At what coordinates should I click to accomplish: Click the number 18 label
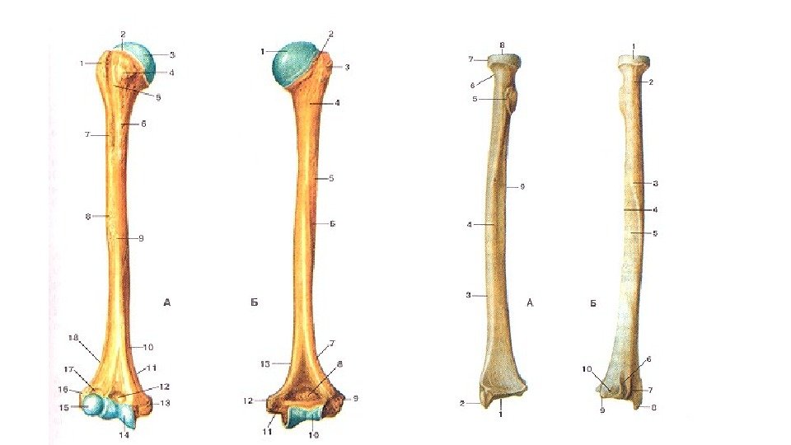coord(73,338)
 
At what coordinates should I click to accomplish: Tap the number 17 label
coord(70,369)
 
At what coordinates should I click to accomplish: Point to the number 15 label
coord(63,407)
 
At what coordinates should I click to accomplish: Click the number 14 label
coord(124,434)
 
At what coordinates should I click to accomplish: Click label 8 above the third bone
coord(502,44)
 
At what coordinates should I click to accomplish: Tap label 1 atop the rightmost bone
coord(633,46)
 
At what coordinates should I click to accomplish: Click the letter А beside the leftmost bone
coord(167,303)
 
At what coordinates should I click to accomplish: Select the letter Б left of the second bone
coord(255,303)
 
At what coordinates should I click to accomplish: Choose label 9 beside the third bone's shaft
coord(522,187)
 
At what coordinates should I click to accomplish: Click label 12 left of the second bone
coord(247,401)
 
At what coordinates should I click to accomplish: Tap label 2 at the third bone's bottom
coord(463,403)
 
